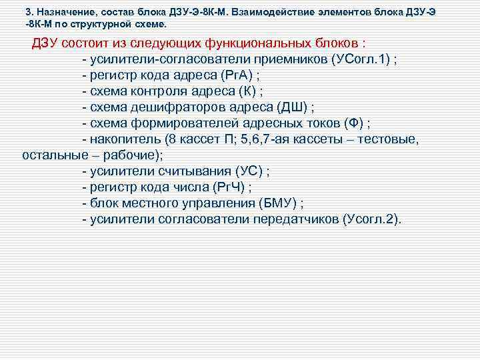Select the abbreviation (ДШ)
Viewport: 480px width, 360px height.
click(x=294, y=107)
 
